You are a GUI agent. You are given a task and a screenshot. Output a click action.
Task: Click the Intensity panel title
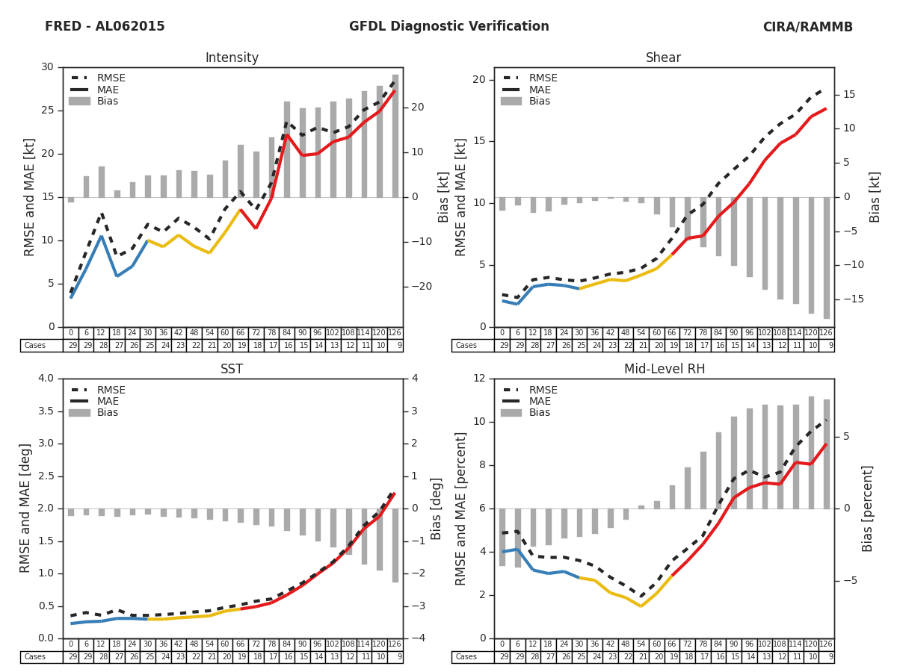[x=232, y=58]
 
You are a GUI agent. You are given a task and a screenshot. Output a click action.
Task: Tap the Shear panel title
[x=663, y=58]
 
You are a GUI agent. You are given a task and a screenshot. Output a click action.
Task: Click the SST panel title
[x=232, y=370]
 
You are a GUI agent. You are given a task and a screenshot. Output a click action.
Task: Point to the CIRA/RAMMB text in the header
[x=807, y=27]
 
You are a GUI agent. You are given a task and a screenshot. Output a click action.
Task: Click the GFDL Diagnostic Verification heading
[x=449, y=27]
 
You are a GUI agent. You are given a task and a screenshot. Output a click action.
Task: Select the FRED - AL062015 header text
[x=105, y=27]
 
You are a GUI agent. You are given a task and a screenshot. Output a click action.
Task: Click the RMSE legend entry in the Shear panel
[x=543, y=78]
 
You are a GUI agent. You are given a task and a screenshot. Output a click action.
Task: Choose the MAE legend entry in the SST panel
[x=108, y=401]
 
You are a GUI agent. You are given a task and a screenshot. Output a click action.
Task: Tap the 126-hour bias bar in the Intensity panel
[x=395, y=136]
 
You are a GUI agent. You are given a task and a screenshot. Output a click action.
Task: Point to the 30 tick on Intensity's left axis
[x=47, y=67]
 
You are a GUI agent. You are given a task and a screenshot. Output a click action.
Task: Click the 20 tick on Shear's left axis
[x=478, y=80]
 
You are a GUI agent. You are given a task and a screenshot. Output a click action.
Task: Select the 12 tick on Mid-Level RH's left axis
[x=478, y=379]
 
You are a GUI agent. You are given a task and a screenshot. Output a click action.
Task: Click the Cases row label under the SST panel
[x=35, y=657]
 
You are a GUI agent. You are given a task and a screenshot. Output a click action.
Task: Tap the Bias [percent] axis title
[x=868, y=508]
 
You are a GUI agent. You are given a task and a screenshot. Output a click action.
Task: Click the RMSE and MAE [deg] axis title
[x=26, y=508]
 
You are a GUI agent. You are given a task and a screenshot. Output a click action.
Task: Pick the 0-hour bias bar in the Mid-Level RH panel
[x=502, y=537]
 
